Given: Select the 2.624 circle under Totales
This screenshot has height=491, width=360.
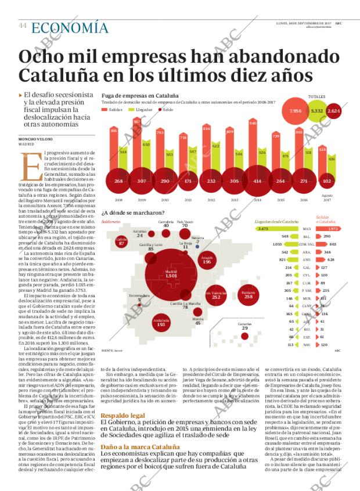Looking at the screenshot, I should point(333,110).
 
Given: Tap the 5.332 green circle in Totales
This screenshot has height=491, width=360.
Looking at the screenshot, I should point(317,110).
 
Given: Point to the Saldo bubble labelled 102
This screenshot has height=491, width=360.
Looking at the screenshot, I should point(327,180).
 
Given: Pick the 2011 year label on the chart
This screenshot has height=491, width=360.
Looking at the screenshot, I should point(183,199).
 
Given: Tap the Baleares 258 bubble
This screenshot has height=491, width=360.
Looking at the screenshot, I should point(248,294).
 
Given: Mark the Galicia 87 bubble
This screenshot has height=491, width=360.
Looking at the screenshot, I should point(121,242).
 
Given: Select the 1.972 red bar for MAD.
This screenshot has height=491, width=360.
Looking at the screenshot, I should point(333,229).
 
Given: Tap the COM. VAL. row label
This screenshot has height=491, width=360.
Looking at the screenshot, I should point(305,244).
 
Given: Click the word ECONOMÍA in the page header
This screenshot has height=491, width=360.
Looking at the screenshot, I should point(70,27).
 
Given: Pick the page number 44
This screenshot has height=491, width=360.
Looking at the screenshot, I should point(23,26).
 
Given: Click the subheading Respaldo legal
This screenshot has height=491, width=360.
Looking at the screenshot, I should point(123,416).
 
